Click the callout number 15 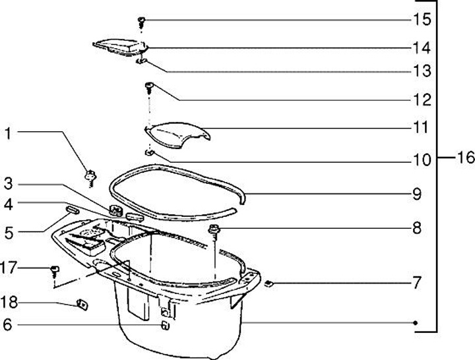pyautogui.click(x=422, y=20)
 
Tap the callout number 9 pyautogui.click(x=416, y=195)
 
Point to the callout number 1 pyautogui.click(x=7, y=134)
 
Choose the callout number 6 pyautogui.click(x=7, y=324)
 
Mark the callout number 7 pyautogui.click(x=417, y=284)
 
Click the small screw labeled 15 pyautogui.click(x=142, y=22)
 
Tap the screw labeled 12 pyautogui.click(x=150, y=86)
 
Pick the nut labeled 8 pyautogui.click(x=214, y=229)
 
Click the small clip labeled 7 pyautogui.click(x=269, y=284)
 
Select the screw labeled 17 pyautogui.click(x=55, y=270)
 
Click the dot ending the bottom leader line pyautogui.click(x=416, y=322)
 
